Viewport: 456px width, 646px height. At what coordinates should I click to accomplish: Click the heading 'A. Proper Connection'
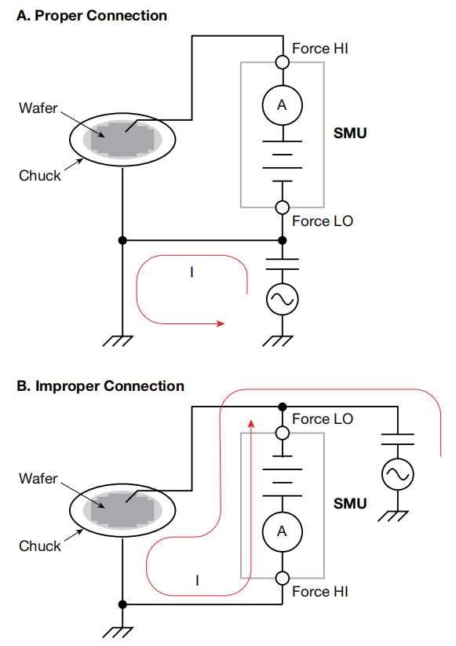(x=92, y=16)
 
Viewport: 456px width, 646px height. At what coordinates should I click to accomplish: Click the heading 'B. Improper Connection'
(x=100, y=386)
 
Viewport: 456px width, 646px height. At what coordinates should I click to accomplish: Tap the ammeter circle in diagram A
(x=283, y=105)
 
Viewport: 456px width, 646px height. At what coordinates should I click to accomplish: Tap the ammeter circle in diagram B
(x=283, y=531)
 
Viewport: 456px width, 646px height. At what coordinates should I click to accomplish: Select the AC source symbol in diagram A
(x=283, y=300)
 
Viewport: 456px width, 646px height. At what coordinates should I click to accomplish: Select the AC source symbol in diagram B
(x=397, y=474)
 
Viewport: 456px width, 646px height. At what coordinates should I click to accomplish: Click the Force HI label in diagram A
(x=320, y=49)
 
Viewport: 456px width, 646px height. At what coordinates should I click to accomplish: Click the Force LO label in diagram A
(x=323, y=221)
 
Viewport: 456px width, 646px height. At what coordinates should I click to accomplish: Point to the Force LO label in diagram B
(x=323, y=419)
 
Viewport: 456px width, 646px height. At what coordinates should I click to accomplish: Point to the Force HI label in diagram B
(x=320, y=592)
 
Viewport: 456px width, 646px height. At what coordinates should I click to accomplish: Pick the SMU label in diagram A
(x=350, y=133)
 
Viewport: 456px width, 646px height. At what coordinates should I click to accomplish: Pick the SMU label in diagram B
(x=350, y=503)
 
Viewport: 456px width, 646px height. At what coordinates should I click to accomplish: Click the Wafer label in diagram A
(x=38, y=108)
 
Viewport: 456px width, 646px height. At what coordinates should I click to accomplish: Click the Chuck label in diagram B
(x=39, y=546)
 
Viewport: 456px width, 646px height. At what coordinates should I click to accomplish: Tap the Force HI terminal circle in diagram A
(x=283, y=62)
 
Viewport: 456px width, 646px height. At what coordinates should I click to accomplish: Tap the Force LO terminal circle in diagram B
(x=283, y=433)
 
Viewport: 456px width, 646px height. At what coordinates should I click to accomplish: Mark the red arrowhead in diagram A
(x=221, y=323)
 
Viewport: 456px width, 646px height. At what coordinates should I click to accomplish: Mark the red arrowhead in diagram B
(x=251, y=424)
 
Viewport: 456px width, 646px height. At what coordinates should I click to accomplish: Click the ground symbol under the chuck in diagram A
(x=118, y=341)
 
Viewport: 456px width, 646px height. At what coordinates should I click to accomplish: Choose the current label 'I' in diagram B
(x=197, y=581)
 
